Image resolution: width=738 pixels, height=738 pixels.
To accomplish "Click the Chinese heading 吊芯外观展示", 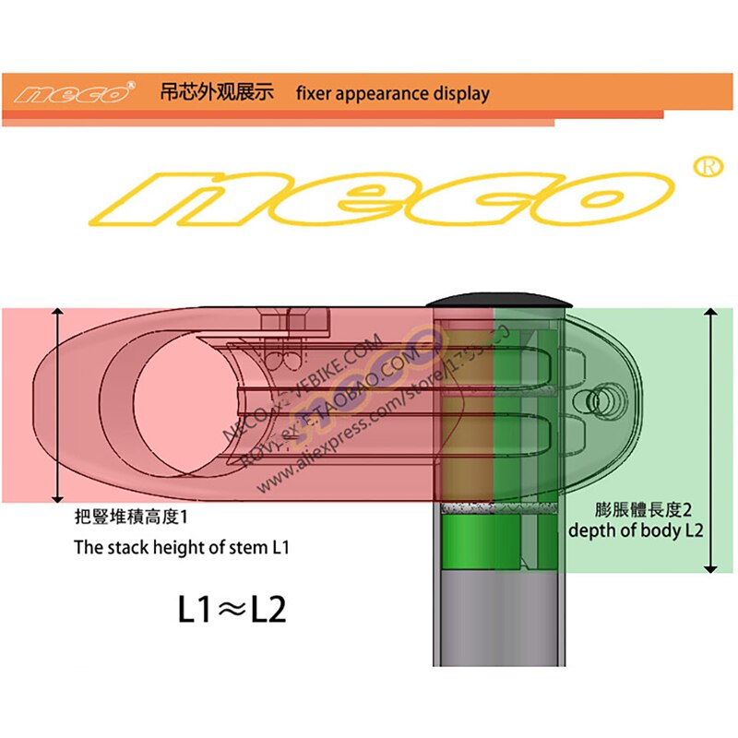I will [x=217, y=93].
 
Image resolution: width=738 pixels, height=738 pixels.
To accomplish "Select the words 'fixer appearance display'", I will [x=392, y=93].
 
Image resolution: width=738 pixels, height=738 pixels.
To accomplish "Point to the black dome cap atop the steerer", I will [x=499, y=302].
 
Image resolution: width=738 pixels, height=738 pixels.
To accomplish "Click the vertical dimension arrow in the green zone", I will [x=710, y=441].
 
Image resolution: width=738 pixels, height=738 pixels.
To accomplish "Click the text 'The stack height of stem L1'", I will [x=182, y=547].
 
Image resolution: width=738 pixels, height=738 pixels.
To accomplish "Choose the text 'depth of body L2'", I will [x=636, y=531].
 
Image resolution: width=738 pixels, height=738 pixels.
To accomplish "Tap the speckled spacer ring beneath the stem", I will [x=498, y=508].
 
